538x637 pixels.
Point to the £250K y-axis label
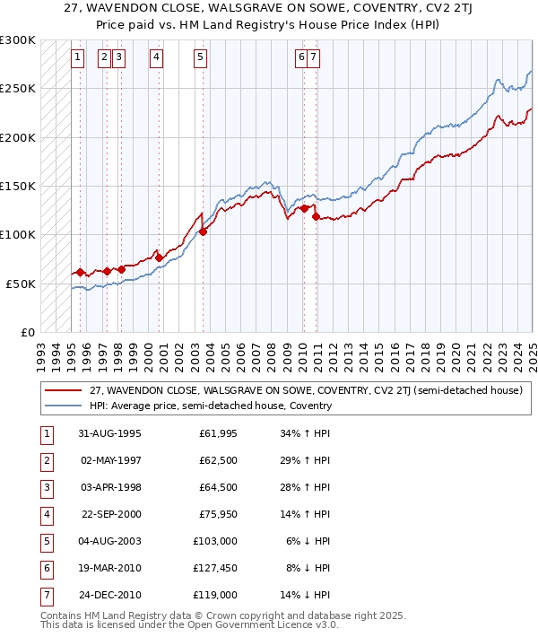tap(18, 89)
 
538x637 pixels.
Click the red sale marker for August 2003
tap(204, 231)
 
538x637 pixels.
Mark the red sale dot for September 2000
tap(160, 257)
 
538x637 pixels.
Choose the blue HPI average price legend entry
tap(210, 406)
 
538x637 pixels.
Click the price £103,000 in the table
tap(215, 541)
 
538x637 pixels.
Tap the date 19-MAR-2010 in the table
tap(108, 568)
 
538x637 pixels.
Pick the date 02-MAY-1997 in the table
tap(108, 461)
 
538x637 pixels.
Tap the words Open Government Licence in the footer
tap(257, 625)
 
